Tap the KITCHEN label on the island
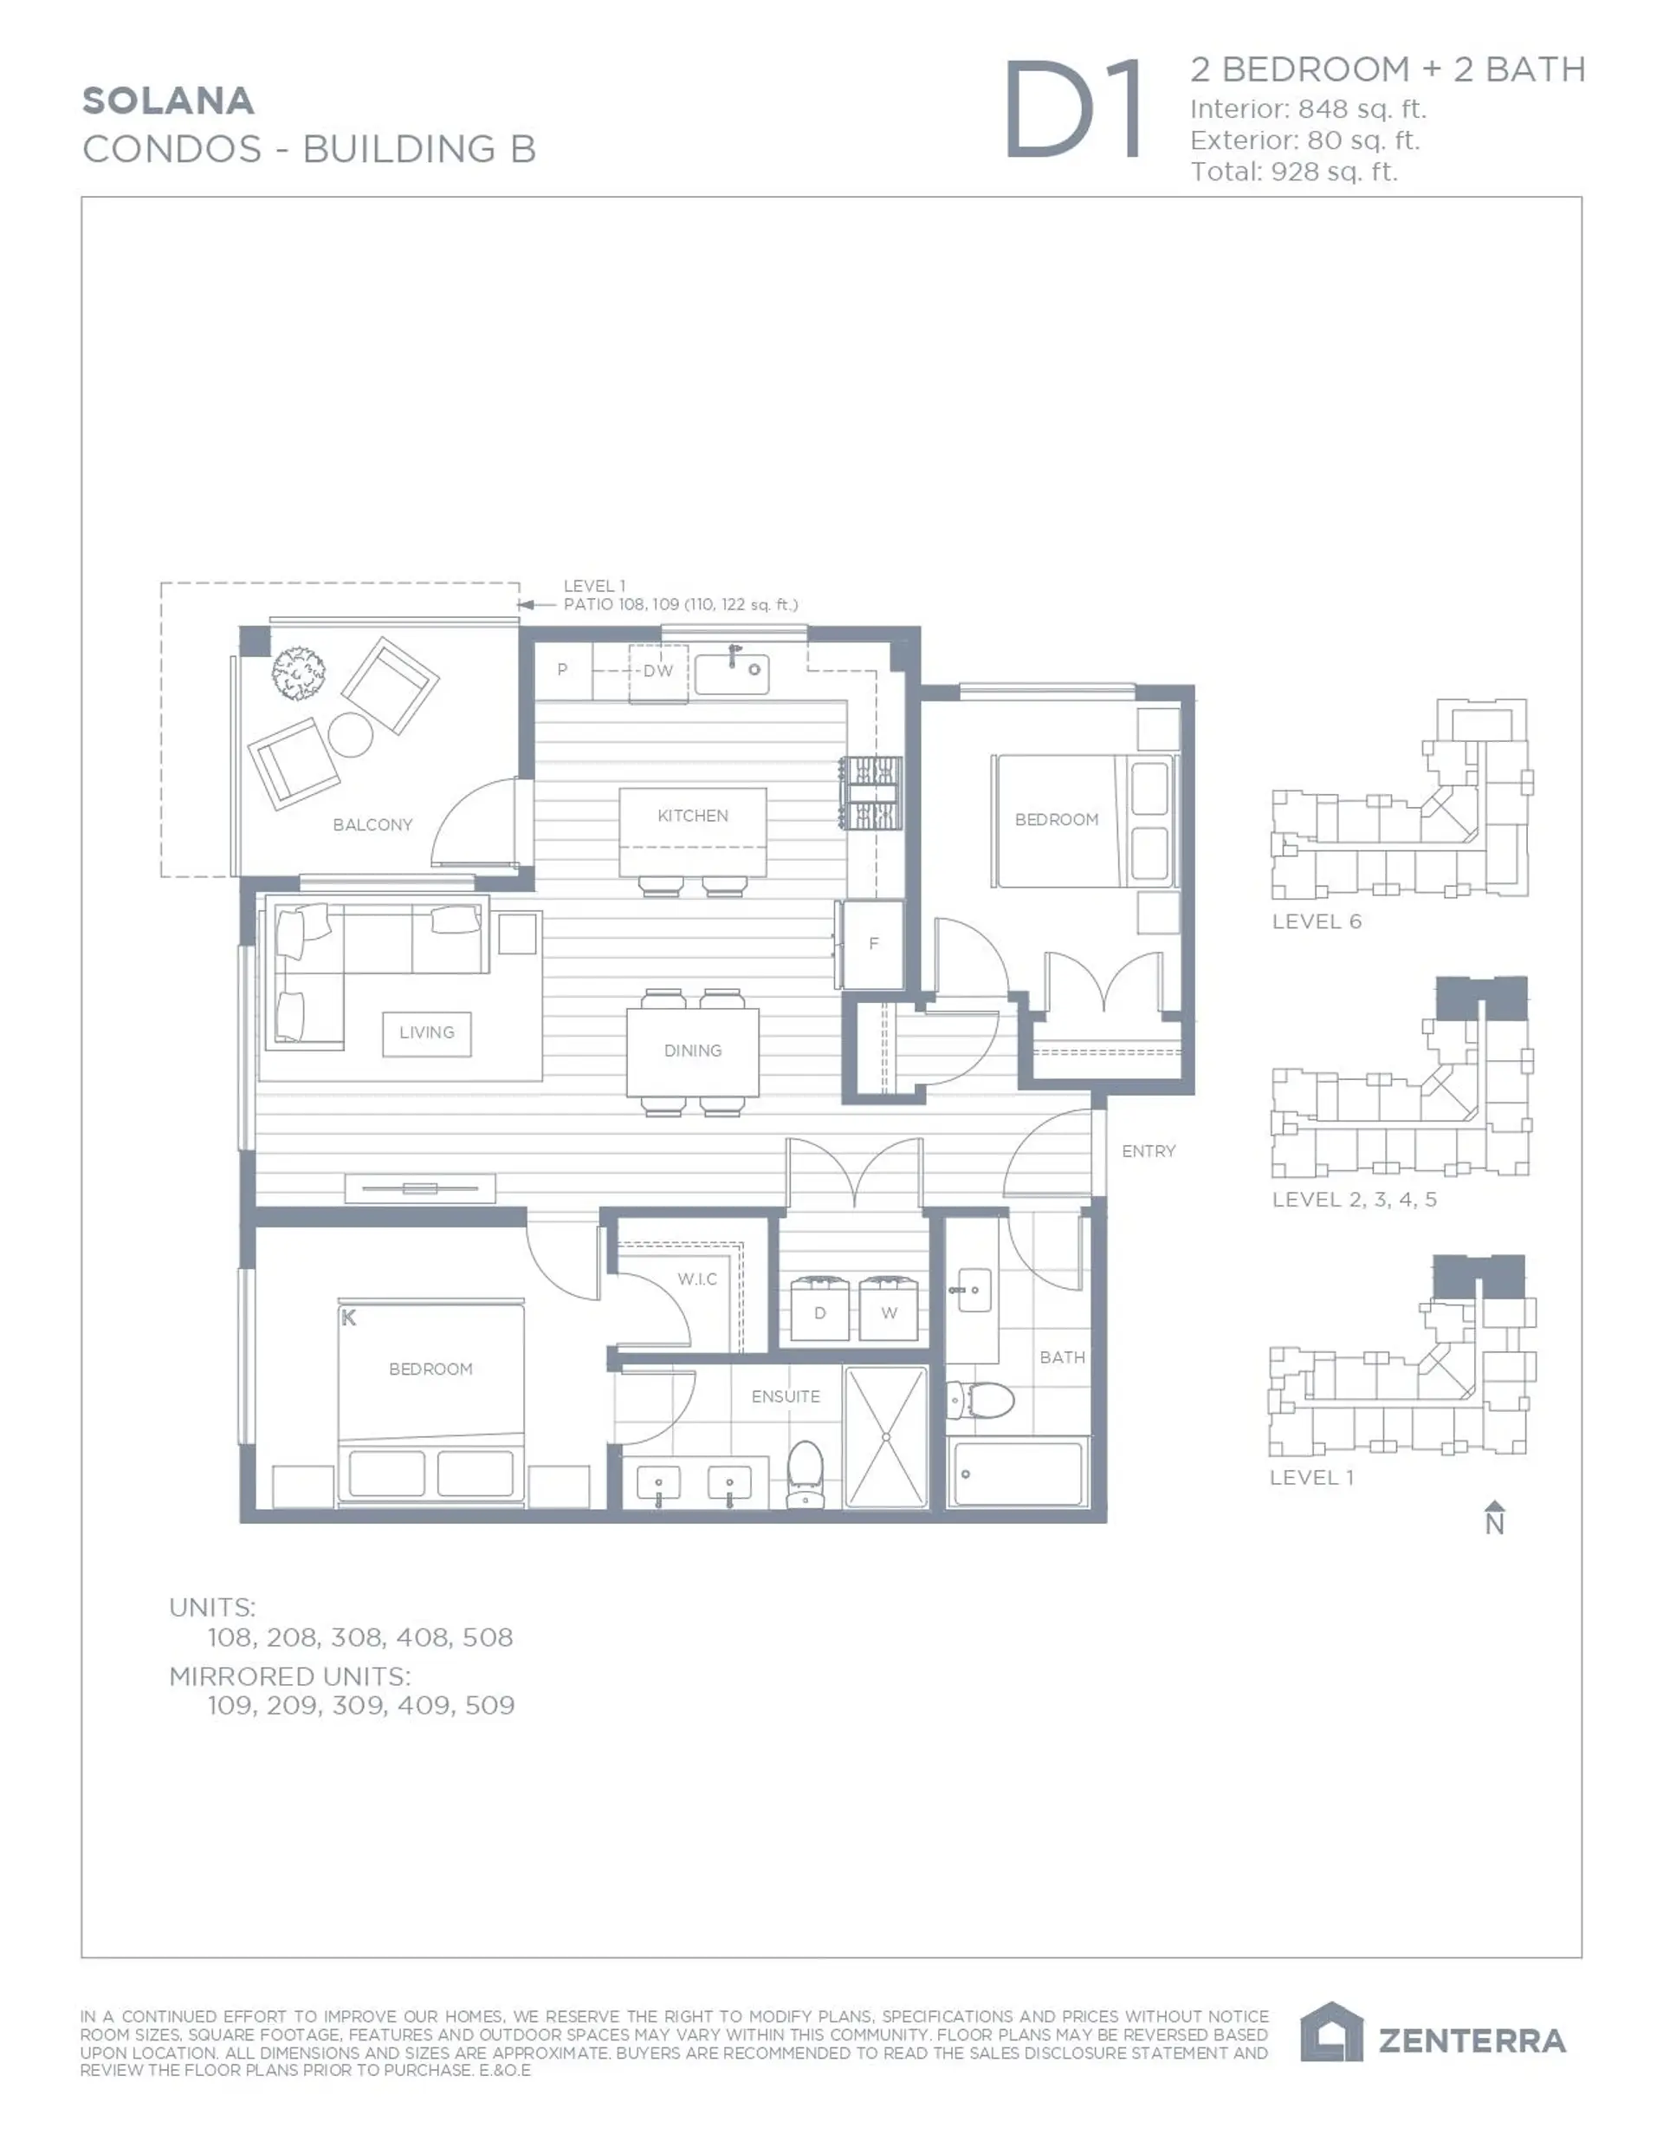692,816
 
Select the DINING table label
692,1051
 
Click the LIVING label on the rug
426,1032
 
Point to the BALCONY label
372,824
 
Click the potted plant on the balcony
299,673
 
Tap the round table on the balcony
350,734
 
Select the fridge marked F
873,944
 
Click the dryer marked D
819,1311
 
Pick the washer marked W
890,1311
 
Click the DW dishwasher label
657,672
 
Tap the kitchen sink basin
731,674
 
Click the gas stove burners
870,792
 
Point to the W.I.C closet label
697,1279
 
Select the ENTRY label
1149,1151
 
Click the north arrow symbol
1494,1518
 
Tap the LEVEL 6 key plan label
1316,921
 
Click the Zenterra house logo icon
1330,2033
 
